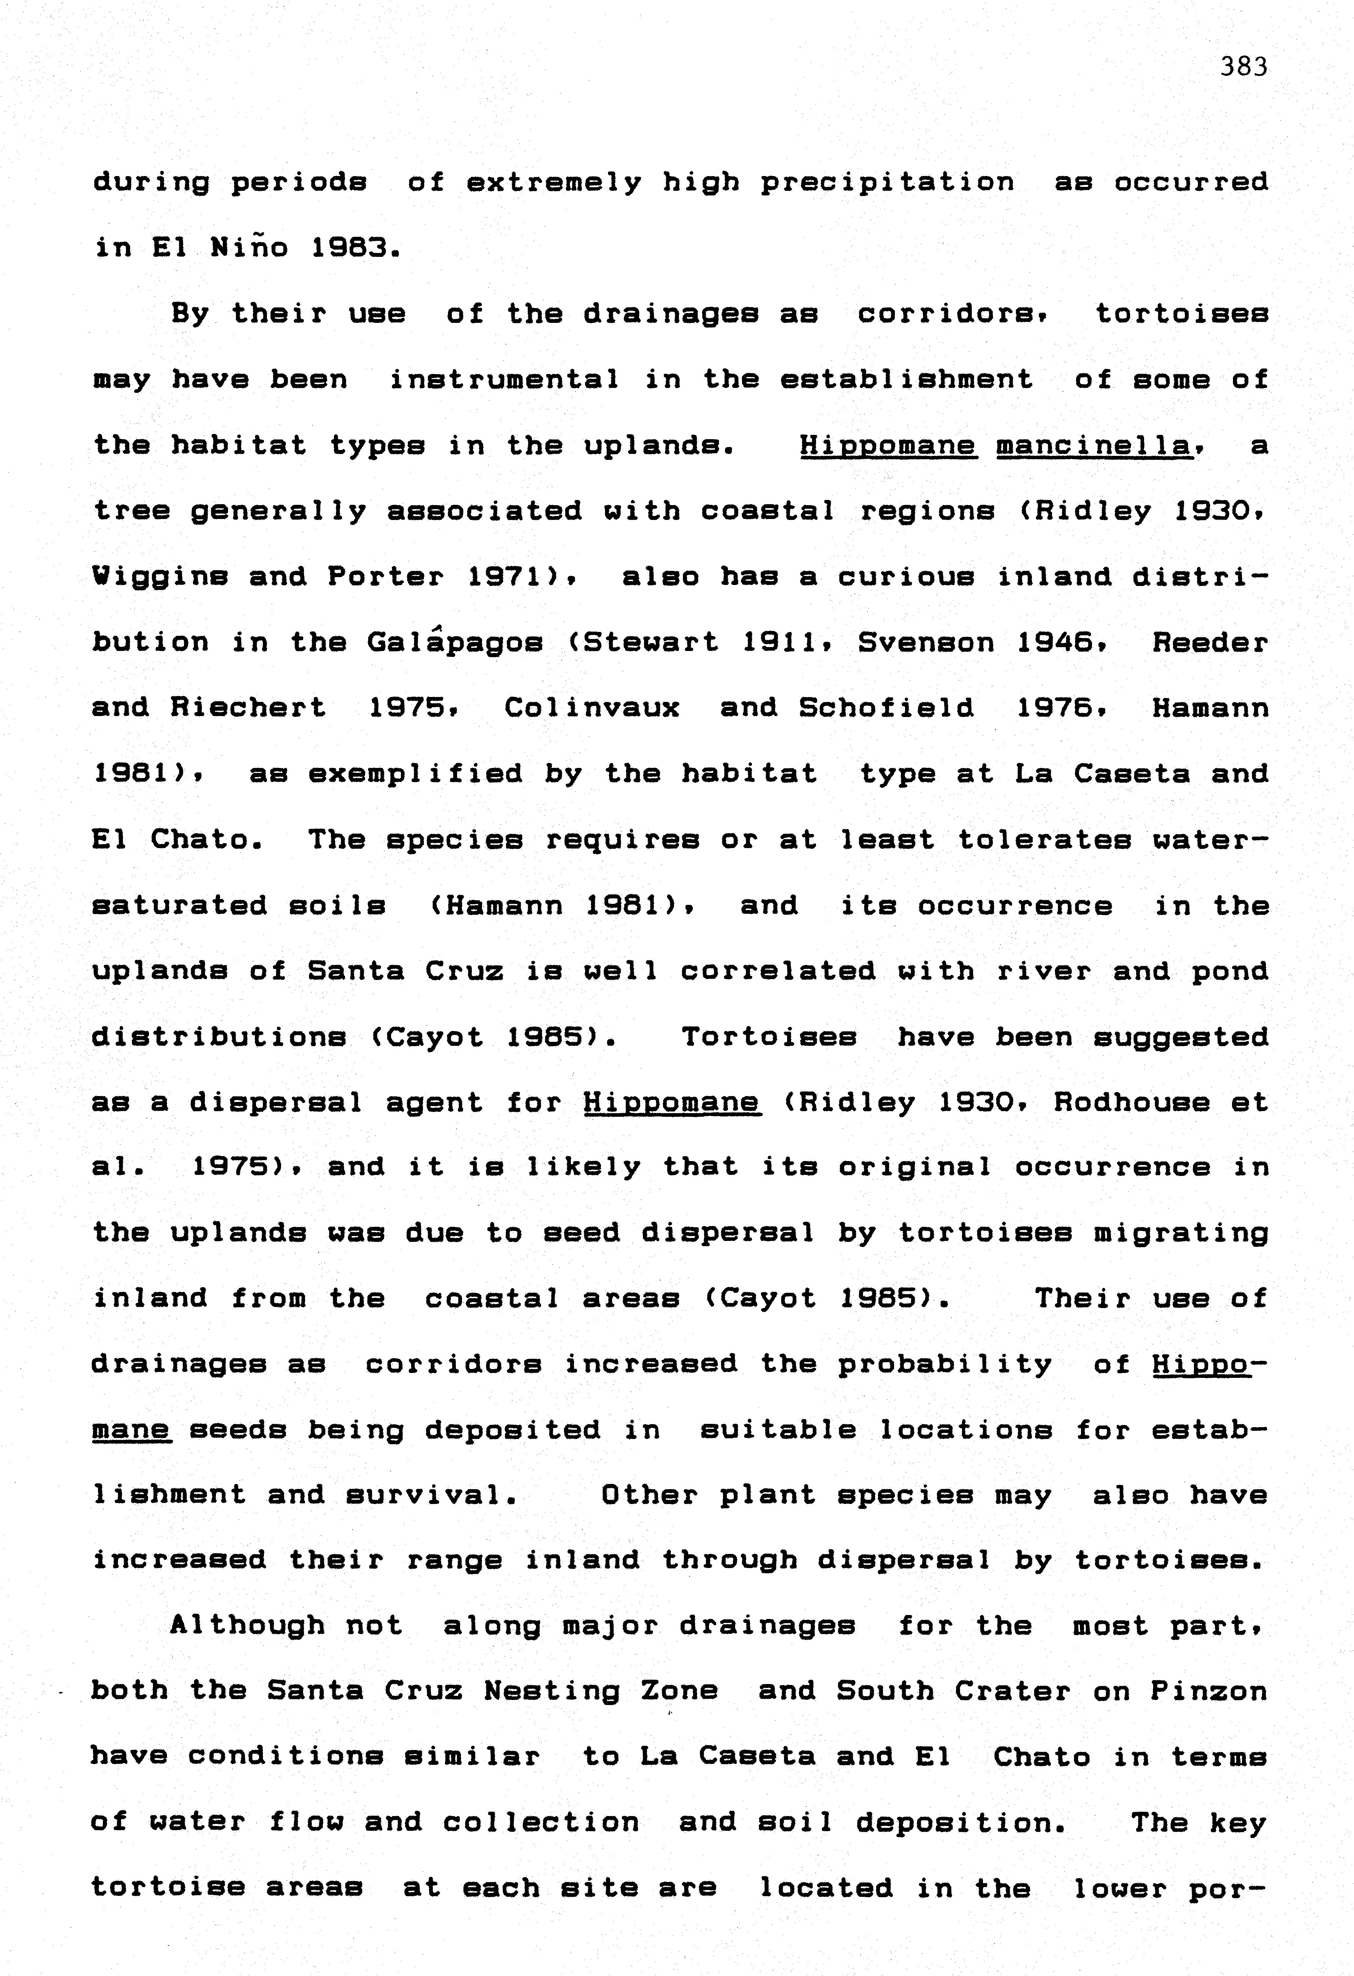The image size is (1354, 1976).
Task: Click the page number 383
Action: pyautogui.click(x=1244, y=66)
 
